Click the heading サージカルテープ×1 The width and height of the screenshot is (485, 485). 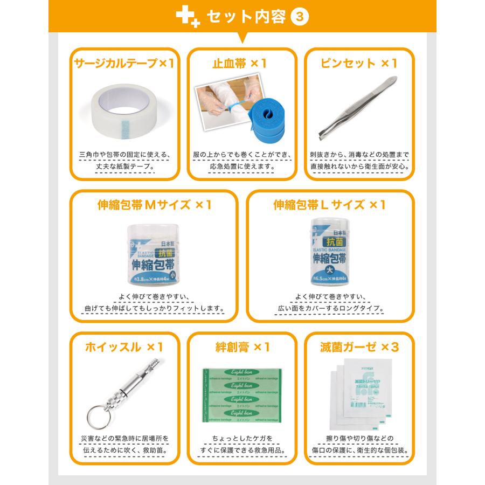pos(124,64)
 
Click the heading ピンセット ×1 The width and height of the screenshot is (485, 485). pos(358,64)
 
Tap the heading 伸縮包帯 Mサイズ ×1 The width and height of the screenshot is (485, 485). pos(154,205)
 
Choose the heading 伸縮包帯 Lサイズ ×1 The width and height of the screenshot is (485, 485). pos(330,205)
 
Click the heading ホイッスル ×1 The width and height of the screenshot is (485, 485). pos(124,347)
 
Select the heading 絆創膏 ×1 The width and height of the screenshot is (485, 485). pos(242,347)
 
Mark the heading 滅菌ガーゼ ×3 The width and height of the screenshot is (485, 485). pos(359,347)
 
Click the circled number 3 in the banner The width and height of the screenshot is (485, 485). pos(300,17)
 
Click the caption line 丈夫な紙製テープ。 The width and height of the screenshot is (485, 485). pos(124,167)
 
